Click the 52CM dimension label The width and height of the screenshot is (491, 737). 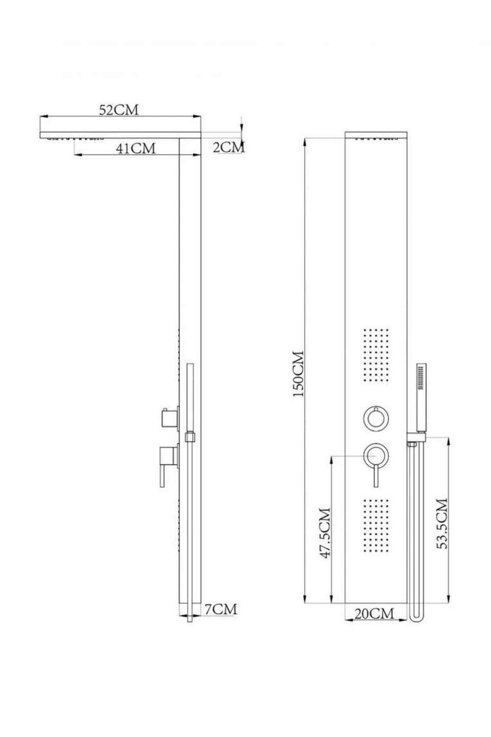pyautogui.click(x=119, y=110)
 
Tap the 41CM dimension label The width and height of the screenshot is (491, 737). pyautogui.click(x=136, y=148)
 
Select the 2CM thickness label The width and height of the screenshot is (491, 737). pyautogui.click(x=229, y=147)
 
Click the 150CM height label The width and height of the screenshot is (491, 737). pyautogui.click(x=300, y=373)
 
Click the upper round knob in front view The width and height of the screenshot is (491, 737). pyautogui.click(x=376, y=418)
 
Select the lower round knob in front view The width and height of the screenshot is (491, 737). pyautogui.click(x=376, y=455)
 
